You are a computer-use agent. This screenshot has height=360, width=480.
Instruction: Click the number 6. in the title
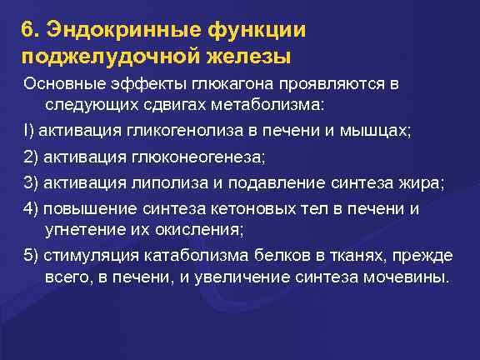(31, 30)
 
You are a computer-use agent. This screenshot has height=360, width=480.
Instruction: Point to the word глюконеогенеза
(197, 158)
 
